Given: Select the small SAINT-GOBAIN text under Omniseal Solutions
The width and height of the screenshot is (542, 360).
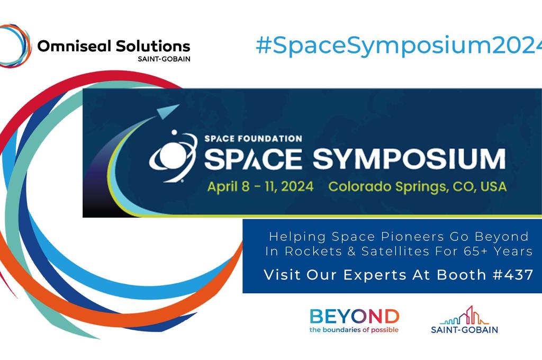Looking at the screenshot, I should coord(164,59).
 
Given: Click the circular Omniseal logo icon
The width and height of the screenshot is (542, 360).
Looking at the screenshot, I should coord(15,46).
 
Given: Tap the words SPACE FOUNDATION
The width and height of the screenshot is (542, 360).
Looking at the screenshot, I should coord(253,139).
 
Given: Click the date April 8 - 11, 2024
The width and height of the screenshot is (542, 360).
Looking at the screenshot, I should coord(260,186).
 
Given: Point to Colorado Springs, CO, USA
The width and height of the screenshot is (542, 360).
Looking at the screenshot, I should coord(417,186).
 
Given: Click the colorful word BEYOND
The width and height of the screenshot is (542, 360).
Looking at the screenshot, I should coord(354,317).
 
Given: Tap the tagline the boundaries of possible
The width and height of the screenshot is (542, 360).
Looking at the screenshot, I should coord(354,330).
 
